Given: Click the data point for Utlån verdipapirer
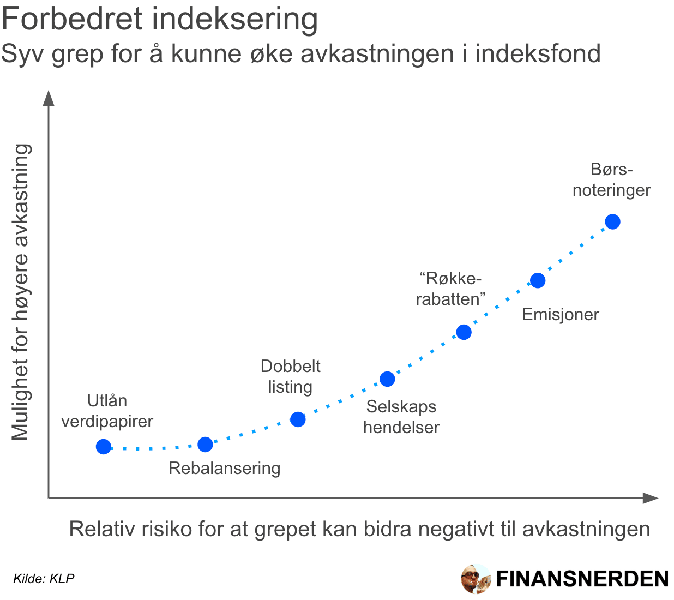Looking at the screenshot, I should point(104,447).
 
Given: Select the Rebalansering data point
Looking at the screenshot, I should point(205,445).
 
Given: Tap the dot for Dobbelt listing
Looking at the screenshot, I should point(298,419).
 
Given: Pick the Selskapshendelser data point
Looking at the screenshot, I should point(387,379).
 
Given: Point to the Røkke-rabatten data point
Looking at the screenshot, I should point(464,332).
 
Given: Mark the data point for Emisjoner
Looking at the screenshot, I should point(538,280).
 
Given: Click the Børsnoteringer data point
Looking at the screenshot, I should point(613,222).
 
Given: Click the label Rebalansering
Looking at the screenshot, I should point(224,468).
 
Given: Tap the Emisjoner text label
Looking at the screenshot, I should point(560,314).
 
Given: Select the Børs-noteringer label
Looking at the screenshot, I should point(611,179).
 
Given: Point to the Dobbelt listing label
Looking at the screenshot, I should point(290,376).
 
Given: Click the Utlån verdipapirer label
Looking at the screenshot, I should point(107,411).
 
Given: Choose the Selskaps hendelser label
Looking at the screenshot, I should point(401,417).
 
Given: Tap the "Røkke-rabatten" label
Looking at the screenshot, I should point(450,289).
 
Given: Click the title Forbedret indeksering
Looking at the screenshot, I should point(159,19).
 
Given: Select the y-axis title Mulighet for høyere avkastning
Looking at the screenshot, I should point(21,292).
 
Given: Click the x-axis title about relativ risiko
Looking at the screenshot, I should point(359,529).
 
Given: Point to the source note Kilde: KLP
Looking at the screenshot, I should point(44,579).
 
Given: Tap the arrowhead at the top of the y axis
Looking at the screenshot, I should point(49,98).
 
